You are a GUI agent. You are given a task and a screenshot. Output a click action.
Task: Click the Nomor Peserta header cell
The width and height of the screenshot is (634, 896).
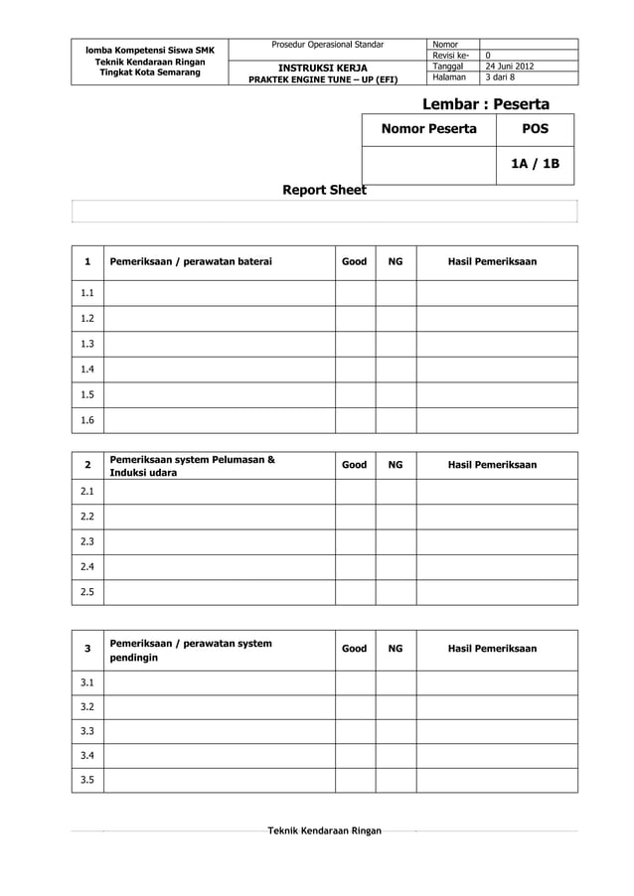[429, 129]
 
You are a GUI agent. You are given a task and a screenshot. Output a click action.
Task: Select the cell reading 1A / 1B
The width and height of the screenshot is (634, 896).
[535, 165]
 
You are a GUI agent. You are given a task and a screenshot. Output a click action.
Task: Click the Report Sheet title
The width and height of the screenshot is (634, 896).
[325, 190]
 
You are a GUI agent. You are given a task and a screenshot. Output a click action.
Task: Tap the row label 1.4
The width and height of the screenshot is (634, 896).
[87, 370]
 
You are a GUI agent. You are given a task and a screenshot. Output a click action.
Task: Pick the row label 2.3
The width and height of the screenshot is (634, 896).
[87, 542]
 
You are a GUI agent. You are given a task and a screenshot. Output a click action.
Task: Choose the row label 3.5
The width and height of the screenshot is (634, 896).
[87, 780]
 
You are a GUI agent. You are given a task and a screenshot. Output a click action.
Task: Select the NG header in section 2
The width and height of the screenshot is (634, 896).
[396, 465]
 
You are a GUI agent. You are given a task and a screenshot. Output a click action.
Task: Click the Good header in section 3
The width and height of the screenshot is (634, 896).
[354, 649]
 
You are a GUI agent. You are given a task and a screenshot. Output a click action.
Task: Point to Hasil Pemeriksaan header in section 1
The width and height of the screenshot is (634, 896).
[493, 262]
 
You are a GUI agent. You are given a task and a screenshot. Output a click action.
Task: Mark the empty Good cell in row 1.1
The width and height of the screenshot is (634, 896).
[354, 293]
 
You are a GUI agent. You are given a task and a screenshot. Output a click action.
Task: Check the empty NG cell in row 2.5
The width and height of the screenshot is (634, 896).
[396, 593]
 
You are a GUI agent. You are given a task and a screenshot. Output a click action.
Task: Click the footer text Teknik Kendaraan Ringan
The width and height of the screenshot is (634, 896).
[324, 830]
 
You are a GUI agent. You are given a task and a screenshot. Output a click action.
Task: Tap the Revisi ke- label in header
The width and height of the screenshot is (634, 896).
[451, 56]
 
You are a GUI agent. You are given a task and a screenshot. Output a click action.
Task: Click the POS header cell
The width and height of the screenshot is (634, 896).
[535, 129]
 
